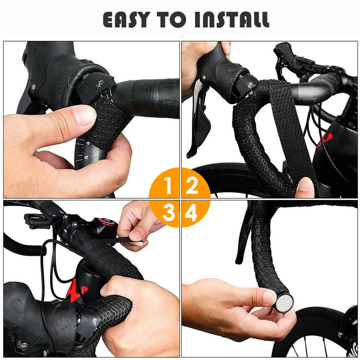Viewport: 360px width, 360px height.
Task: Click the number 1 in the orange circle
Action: [x=168, y=186]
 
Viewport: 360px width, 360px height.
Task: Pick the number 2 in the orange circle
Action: [x=192, y=186]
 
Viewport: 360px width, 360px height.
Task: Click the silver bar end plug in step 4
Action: [x=284, y=303]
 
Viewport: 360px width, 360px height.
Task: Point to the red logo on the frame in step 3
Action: [x=77, y=290]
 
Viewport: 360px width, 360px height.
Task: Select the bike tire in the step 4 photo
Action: [x=324, y=324]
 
